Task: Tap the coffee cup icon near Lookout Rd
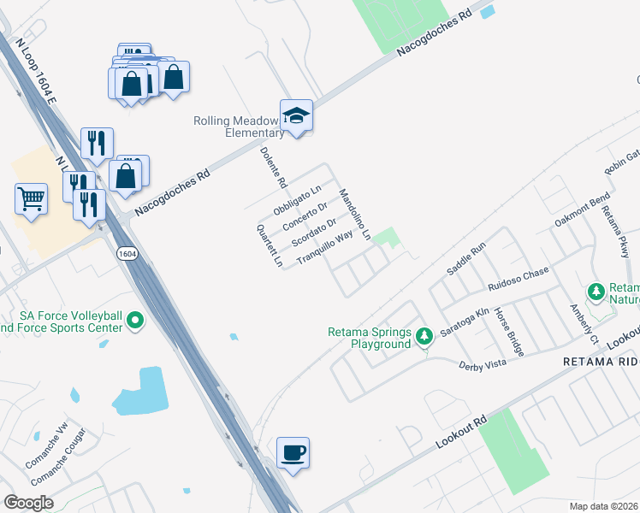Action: [293, 452]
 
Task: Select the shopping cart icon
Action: [31, 199]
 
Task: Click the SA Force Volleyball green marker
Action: [134, 321]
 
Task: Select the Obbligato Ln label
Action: [297, 199]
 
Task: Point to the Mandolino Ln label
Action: [354, 214]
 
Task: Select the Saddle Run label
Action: [465, 258]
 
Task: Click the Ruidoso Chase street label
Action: [518, 278]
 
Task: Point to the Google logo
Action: [29, 503]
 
